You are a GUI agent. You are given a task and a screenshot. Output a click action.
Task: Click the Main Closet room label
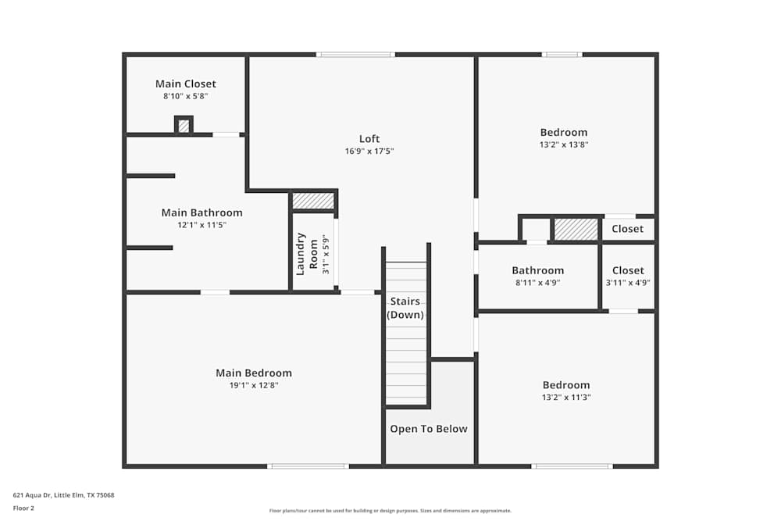pyautogui.click(x=185, y=84)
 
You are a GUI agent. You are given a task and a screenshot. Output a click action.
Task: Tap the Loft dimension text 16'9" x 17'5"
pyautogui.click(x=369, y=152)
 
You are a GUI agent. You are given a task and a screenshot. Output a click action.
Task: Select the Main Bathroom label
pyautogui.click(x=201, y=212)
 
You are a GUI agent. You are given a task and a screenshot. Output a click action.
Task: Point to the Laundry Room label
pyautogui.click(x=306, y=253)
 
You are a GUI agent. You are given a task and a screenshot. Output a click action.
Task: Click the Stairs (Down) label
pyautogui.click(x=405, y=308)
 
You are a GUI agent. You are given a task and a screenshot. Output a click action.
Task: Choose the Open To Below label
pyautogui.click(x=429, y=429)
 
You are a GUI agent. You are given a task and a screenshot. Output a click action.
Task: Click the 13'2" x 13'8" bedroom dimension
pyautogui.click(x=564, y=145)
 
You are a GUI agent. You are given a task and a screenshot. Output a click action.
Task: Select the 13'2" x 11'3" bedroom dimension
pyautogui.click(x=566, y=397)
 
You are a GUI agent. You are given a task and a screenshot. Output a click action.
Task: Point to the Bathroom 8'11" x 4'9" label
pyautogui.click(x=537, y=271)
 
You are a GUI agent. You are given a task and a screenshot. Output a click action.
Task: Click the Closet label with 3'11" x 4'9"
pyautogui.click(x=628, y=271)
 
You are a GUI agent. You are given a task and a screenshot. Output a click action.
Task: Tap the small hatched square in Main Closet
pyautogui.click(x=184, y=126)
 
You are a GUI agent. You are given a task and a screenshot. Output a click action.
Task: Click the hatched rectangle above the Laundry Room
pyautogui.click(x=313, y=201)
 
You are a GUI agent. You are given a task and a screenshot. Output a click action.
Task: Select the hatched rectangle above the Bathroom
pyautogui.click(x=576, y=229)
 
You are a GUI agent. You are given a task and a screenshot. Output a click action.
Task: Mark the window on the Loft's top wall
pyautogui.click(x=355, y=55)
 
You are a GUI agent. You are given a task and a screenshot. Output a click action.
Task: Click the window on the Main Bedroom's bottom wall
pyautogui.click(x=308, y=466)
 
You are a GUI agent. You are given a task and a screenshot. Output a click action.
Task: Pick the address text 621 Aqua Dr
pyautogui.click(x=63, y=495)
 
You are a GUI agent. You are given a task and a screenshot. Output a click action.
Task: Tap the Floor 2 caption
pyautogui.click(x=23, y=508)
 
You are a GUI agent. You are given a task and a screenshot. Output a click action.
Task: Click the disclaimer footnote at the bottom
pyautogui.click(x=390, y=511)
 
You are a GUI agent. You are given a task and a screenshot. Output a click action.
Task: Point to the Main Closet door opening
pyautogui.click(x=226, y=134)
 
